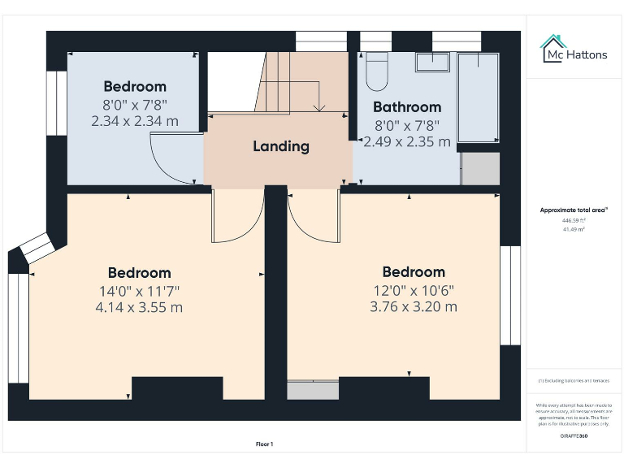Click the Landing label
pyautogui.click(x=280, y=146)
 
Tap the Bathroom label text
pyautogui.click(x=406, y=106)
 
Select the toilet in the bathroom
pyautogui.click(x=377, y=73)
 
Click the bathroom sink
pyautogui.click(x=432, y=63)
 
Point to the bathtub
pyautogui.click(x=478, y=97)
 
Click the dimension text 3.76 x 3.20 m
pyautogui.click(x=413, y=306)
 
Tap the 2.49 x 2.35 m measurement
pyautogui.click(x=406, y=141)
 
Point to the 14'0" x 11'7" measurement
pyautogui.click(x=140, y=290)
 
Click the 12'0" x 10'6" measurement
pyautogui.click(x=413, y=290)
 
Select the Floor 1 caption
pyautogui.click(x=264, y=444)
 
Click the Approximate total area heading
pyautogui.click(x=574, y=210)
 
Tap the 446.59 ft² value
pyautogui.click(x=574, y=220)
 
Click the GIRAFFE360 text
pyautogui.click(x=574, y=436)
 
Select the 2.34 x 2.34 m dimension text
pyautogui.click(x=135, y=121)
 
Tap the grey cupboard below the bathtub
pyautogui.click(x=479, y=168)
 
